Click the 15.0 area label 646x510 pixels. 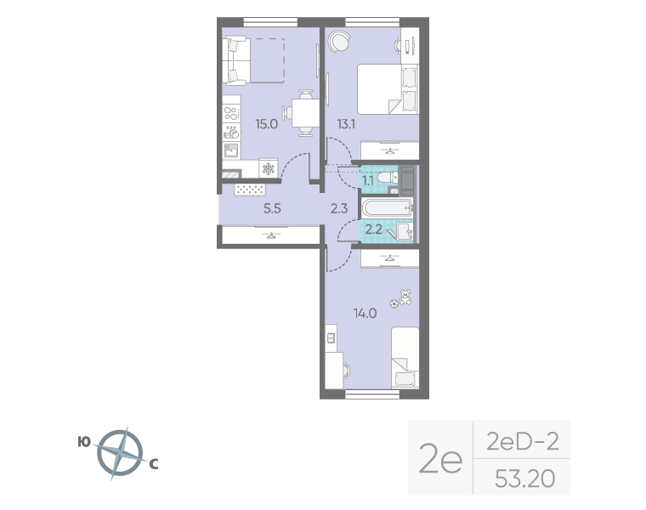click(x=267, y=123)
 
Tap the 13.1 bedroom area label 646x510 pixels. click(x=346, y=123)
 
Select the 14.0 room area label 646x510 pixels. click(x=365, y=314)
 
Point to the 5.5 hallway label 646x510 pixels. click(x=272, y=208)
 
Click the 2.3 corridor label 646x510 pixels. click(x=339, y=208)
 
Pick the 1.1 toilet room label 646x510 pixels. click(x=368, y=180)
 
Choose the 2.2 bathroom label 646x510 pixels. click(x=374, y=229)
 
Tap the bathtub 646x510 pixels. click(x=387, y=208)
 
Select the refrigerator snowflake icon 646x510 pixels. click(x=269, y=168)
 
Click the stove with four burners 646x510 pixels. click(x=231, y=113)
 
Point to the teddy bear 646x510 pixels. click(x=405, y=297)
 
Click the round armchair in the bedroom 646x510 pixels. click(x=338, y=41)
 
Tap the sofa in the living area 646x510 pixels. click(x=236, y=60)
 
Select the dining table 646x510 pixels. click(x=305, y=113)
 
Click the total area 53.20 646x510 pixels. click(x=524, y=479)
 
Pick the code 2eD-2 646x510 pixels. click(x=523, y=442)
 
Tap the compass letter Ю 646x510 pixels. click(x=84, y=442)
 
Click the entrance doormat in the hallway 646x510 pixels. click(x=250, y=190)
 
